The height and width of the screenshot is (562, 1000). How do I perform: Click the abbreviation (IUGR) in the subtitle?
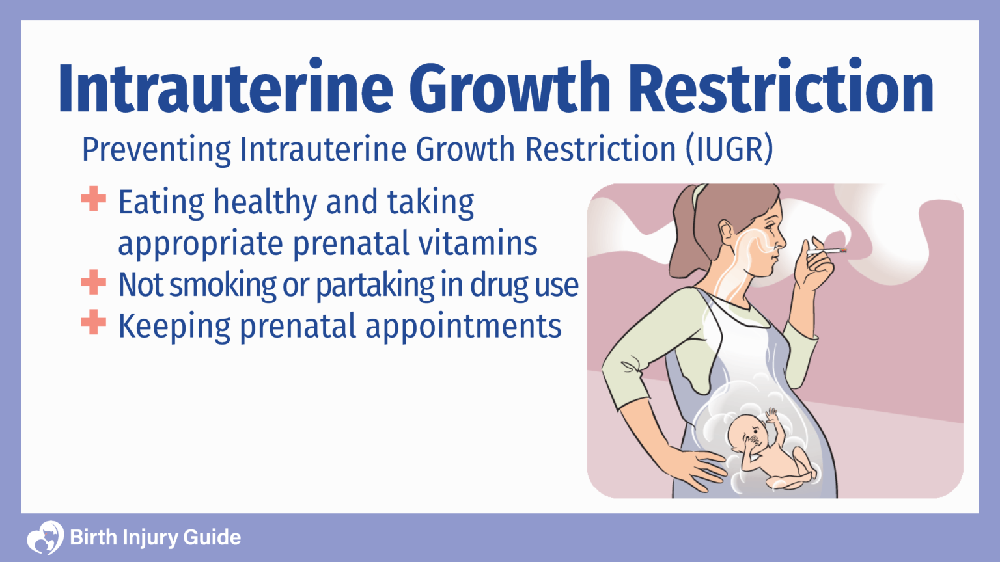click(729, 150)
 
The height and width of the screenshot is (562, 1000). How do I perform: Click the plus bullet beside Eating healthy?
click(94, 199)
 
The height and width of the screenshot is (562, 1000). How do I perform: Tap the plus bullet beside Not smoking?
click(94, 282)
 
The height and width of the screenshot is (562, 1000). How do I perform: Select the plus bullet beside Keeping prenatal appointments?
click(94, 323)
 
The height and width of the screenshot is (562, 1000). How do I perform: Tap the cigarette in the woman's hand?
click(826, 250)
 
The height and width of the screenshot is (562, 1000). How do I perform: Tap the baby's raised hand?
click(771, 415)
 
